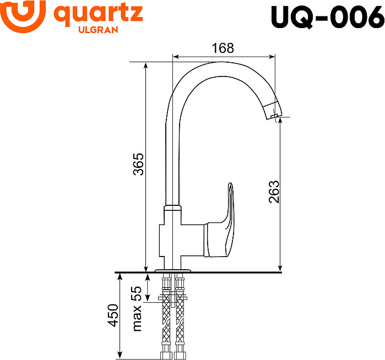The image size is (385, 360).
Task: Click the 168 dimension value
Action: point(223,48)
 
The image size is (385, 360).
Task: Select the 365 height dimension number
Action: point(138,164)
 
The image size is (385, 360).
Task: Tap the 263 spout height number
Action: point(274,192)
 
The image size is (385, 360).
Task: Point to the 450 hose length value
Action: point(113,315)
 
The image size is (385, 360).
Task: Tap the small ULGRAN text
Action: point(98,30)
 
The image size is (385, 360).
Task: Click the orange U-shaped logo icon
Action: point(23,16)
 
